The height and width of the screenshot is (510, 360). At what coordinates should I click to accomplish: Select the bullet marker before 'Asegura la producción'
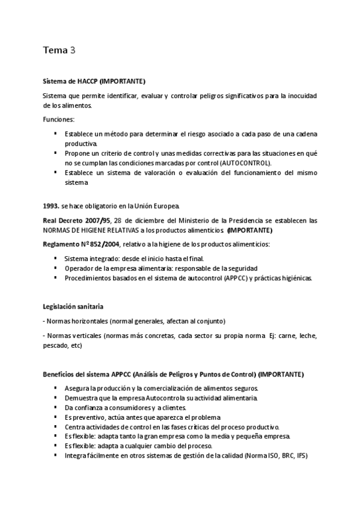[x=55, y=388]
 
